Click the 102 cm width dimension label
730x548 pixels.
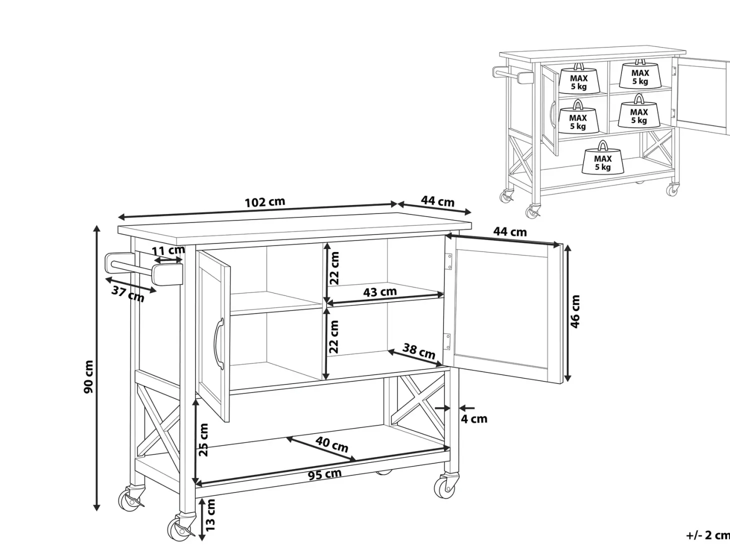coord(264,202)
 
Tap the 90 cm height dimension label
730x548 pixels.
coord(89,376)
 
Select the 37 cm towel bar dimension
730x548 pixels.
coord(128,293)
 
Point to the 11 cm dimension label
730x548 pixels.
coord(168,250)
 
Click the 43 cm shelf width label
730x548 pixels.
coord(380,291)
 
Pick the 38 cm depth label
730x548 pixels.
coord(418,351)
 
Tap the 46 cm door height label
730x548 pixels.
coord(575,311)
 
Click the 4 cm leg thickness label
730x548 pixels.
coord(474,419)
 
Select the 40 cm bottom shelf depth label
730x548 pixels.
coord(331,444)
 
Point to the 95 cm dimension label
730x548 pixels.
coord(324,474)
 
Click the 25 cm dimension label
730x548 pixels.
coord(203,439)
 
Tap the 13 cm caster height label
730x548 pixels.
coord(210,515)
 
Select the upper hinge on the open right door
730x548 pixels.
coord(448,261)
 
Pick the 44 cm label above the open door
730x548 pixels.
coord(510,231)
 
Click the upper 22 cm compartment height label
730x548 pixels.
coord(334,268)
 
